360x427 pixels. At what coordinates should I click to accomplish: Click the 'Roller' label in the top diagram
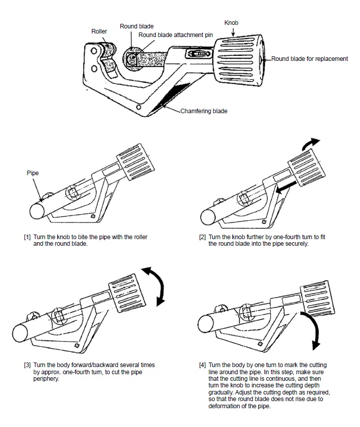pyautogui.click(x=99, y=31)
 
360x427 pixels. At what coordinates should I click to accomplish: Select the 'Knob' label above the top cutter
pyautogui.click(x=231, y=23)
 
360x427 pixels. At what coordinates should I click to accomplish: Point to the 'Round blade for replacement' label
pyautogui.click(x=310, y=59)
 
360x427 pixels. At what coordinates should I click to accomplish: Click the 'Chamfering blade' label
pyautogui.click(x=204, y=111)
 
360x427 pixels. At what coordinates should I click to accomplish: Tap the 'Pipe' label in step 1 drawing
pyautogui.click(x=32, y=173)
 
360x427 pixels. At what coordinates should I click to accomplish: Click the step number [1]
pyautogui.click(x=27, y=237)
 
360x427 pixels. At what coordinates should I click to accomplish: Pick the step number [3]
pyautogui.click(x=27, y=365)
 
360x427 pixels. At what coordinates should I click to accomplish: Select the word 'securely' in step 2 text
pyautogui.click(x=297, y=244)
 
